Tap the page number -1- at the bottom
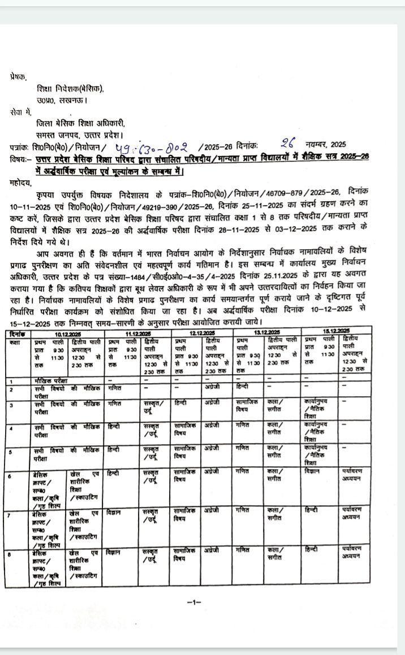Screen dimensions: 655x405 (x=193, y=602)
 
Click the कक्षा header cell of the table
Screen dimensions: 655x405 (x=15, y=343)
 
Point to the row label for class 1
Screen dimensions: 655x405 (x=11, y=381)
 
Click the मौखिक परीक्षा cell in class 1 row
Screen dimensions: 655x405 (x=49, y=381)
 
